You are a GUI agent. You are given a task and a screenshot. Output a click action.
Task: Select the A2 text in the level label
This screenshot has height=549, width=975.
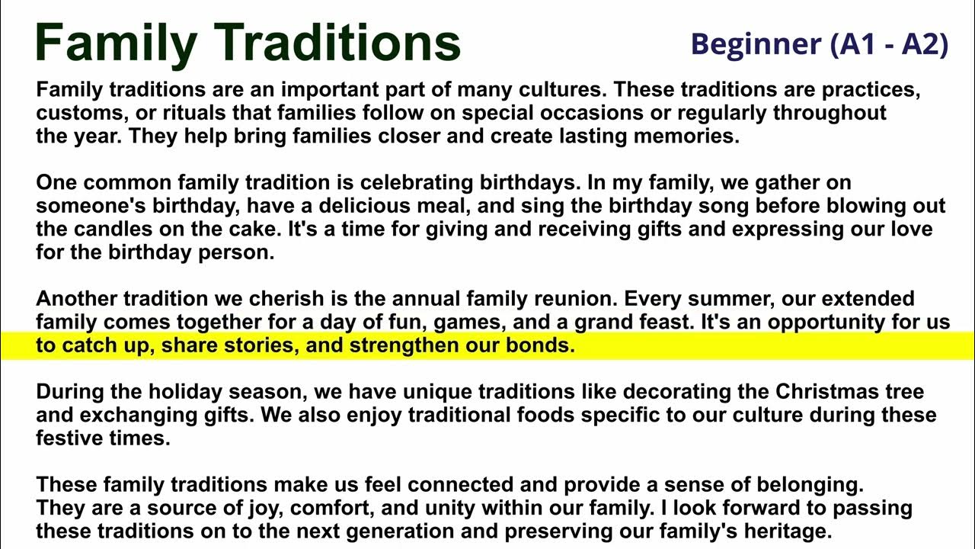coord(924,44)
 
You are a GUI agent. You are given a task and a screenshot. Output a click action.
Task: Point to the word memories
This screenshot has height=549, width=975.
coord(683,137)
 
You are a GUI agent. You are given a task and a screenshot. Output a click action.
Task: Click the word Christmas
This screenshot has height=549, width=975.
coord(827,393)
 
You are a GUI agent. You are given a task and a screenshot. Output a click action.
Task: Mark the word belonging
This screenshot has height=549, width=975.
coord(800,485)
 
